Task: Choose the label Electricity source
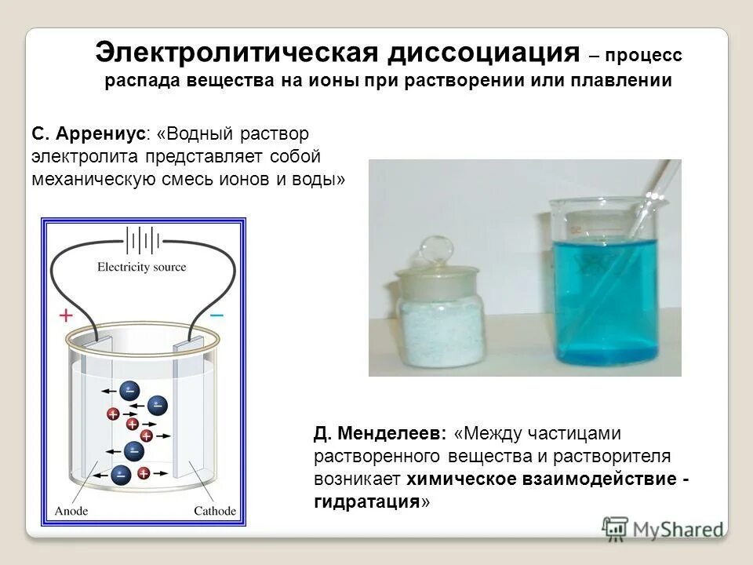[x=142, y=267]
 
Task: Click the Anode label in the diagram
[x=71, y=511]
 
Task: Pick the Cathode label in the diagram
[x=214, y=511]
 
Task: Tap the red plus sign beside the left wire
[x=66, y=315]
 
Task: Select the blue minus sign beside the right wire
[x=217, y=315]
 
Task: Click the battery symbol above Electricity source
[x=143, y=240]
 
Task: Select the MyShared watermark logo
[x=664, y=529]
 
